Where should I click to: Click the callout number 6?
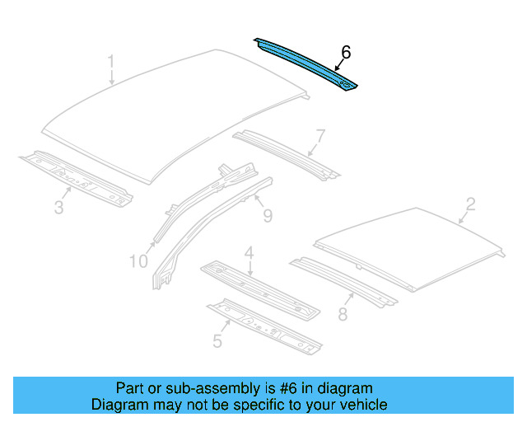(x=345, y=52)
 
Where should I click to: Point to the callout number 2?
(x=470, y=203)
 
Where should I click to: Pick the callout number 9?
(x=267, y=216)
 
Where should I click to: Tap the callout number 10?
(x=138, y=261)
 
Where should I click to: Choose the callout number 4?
(x=248, y=252)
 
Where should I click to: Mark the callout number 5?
(x=217, y=339)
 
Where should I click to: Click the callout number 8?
(x=343, y=313)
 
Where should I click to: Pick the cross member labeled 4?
(x=259, y=288)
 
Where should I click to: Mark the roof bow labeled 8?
(x=342, y=283)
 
